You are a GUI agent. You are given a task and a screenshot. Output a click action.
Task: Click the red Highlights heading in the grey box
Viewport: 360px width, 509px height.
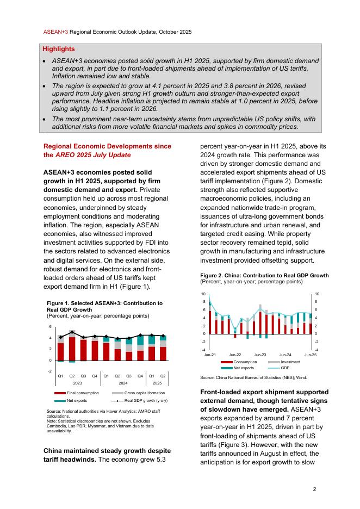[59, 49]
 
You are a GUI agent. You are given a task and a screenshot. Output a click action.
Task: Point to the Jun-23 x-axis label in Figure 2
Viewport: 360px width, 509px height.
[260, 355]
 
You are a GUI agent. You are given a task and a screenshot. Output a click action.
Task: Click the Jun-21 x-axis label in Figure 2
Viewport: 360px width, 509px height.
[210, 355]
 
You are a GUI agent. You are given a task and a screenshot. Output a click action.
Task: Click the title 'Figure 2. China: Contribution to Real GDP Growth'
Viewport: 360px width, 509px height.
[264, 276]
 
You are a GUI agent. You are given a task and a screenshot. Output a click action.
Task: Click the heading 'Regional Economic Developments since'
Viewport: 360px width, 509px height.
[107, 146]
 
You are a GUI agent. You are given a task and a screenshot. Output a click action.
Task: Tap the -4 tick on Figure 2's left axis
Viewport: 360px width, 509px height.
[203, 350]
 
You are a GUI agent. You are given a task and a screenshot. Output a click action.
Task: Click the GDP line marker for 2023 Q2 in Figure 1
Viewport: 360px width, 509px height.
[72, 332]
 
